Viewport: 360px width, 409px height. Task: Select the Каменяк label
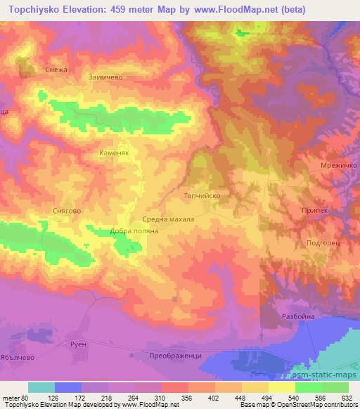click(113, 151)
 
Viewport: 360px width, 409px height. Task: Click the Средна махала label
click(168, 219)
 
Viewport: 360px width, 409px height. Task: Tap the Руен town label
click(78, 344)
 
